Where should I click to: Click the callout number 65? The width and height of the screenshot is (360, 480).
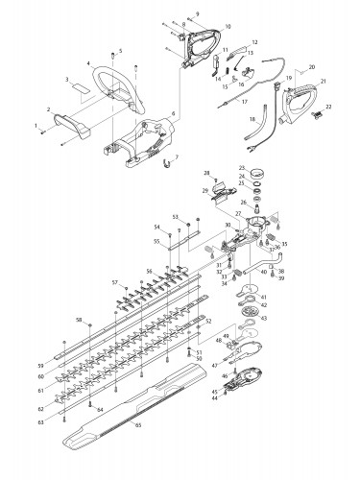tap(136, 423)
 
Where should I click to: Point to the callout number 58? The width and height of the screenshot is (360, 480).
tap(79, 319)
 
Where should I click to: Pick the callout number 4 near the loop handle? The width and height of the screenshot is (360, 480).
tap(87, 63)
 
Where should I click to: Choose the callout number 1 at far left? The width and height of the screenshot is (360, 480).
tap(36, 126)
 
